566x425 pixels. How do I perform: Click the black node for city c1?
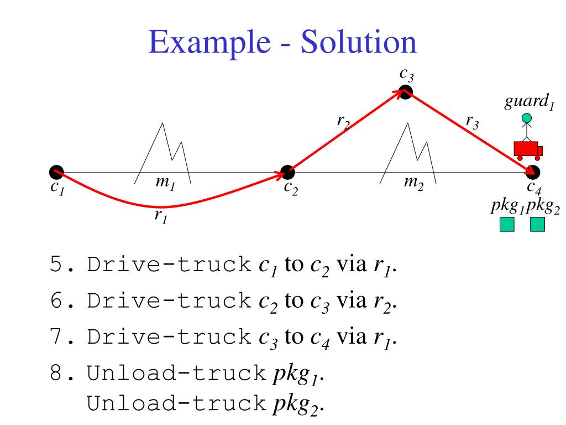tap(56, 173)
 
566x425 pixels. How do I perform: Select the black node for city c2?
tap(287, 173)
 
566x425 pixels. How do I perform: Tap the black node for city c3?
tap(406, 92)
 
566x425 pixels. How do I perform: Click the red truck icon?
tap(527, 150)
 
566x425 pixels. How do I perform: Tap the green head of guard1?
tap(527, 118)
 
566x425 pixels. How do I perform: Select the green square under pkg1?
tap(507, 224)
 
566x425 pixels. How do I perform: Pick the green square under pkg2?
tap(537, 224)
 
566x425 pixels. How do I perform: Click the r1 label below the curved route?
tap(161, 217)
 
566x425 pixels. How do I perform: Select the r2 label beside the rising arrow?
tap(343, 120)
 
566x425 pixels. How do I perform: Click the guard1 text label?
tap(530, 103)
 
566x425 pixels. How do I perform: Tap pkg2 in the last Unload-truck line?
tap(297, 405)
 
